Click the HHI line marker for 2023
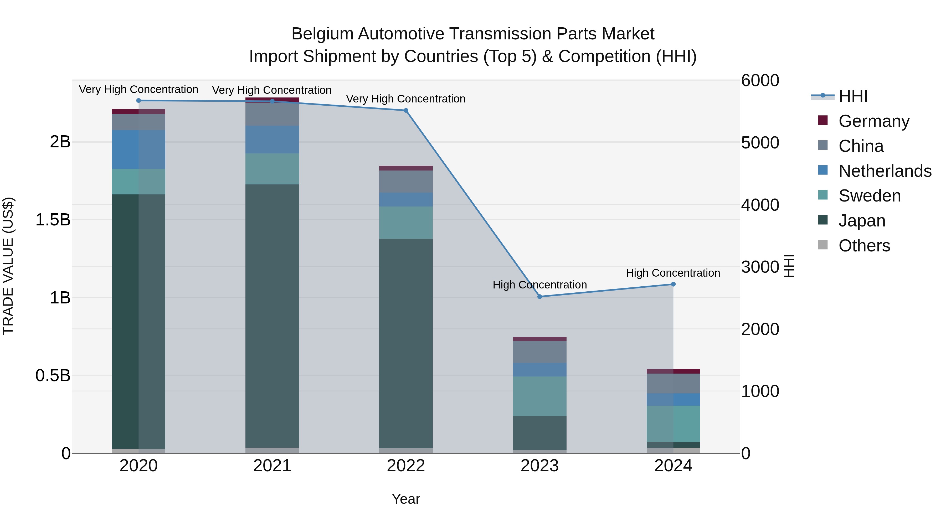pyautogui.click(x=539, y=297)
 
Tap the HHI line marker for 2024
pyautogui.click(x=673, y=284)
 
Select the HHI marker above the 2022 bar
pyautogui.click(x=406, y=111)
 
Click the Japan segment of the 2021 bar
pyautogui.click(x=272, y=316)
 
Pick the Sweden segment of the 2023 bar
pyautogui.click(x=539, y=396)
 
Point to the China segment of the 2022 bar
pyautogui.click(x=406, y=181)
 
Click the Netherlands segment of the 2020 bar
pyautogui.click(x=138, y=149)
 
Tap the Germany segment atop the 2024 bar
pyautogui.click(x=673, y=371)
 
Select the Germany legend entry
pyautogui.click(x=874, y=121)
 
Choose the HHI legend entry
pyautogui.click(x=853, y=96)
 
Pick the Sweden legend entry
pyautogui.click(x=869, y=196)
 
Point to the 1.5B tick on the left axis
pyautogui.click(x=53, y=220)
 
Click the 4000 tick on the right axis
pyautogui.click(x=760, y=205)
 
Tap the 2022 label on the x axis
pyautogui.click(x=406, y=466)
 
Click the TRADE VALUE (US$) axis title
pyautogui.click(x=8, y=266)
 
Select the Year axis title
pyautogui.click(x=406, y=499)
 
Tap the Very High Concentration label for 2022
pyautogui.click(x=405, y=99)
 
